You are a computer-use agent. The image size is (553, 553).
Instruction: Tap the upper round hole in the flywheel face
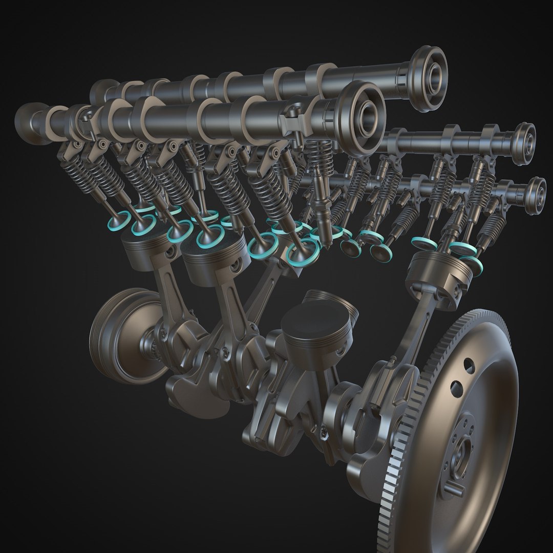pos(469,364)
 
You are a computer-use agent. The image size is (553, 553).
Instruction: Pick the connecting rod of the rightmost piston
pos(405,328)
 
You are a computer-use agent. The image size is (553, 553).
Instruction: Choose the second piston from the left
pos(207,261)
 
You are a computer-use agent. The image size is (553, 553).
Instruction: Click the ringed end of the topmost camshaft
pos(429,77)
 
